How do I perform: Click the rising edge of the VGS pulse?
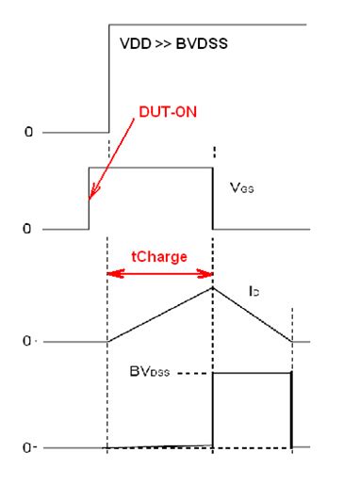point(89,202)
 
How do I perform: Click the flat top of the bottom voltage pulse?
point(253,373)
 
